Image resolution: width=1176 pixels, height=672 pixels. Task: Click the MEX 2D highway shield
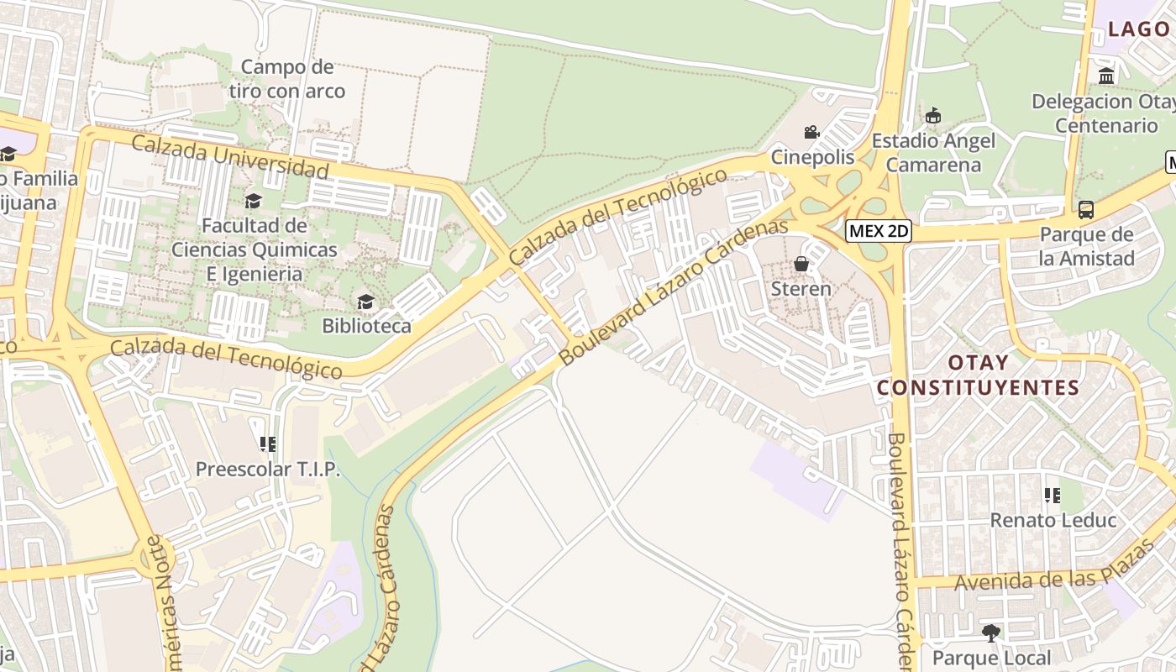coord(878,230)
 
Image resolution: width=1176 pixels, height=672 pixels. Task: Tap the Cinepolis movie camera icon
coord(811,132)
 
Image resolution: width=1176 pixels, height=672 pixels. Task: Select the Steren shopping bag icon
coord(801,264)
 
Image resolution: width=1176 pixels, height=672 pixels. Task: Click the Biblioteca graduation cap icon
coord(365,302)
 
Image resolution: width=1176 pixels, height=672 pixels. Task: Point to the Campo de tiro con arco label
coord(287,79)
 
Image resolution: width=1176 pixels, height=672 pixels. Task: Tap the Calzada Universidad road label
coord(229,157)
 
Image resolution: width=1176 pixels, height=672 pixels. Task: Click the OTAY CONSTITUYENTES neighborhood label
coord(977,375)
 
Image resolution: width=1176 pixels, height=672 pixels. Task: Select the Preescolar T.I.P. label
coord(268,469)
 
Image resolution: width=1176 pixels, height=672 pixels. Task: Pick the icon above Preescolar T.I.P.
coord(268,444)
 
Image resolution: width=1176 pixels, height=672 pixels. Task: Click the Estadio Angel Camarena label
coord(933,152)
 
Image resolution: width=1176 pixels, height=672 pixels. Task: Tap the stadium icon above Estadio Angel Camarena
coord(932,116)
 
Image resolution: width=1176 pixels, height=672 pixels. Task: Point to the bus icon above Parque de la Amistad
coord(1086,209)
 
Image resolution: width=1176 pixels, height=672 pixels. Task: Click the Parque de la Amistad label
coord(1086,246)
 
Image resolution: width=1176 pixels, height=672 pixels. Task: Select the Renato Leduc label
coord(1053,520)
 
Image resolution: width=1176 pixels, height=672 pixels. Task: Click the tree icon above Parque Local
coord(991,633)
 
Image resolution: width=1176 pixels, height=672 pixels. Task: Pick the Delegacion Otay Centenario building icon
coord(1106,76)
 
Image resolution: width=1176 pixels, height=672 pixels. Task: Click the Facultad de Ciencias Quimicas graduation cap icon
coord(253,201)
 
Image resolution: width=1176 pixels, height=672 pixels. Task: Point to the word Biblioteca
coord(366,326)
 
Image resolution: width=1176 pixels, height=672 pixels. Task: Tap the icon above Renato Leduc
coord(1052,496)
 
